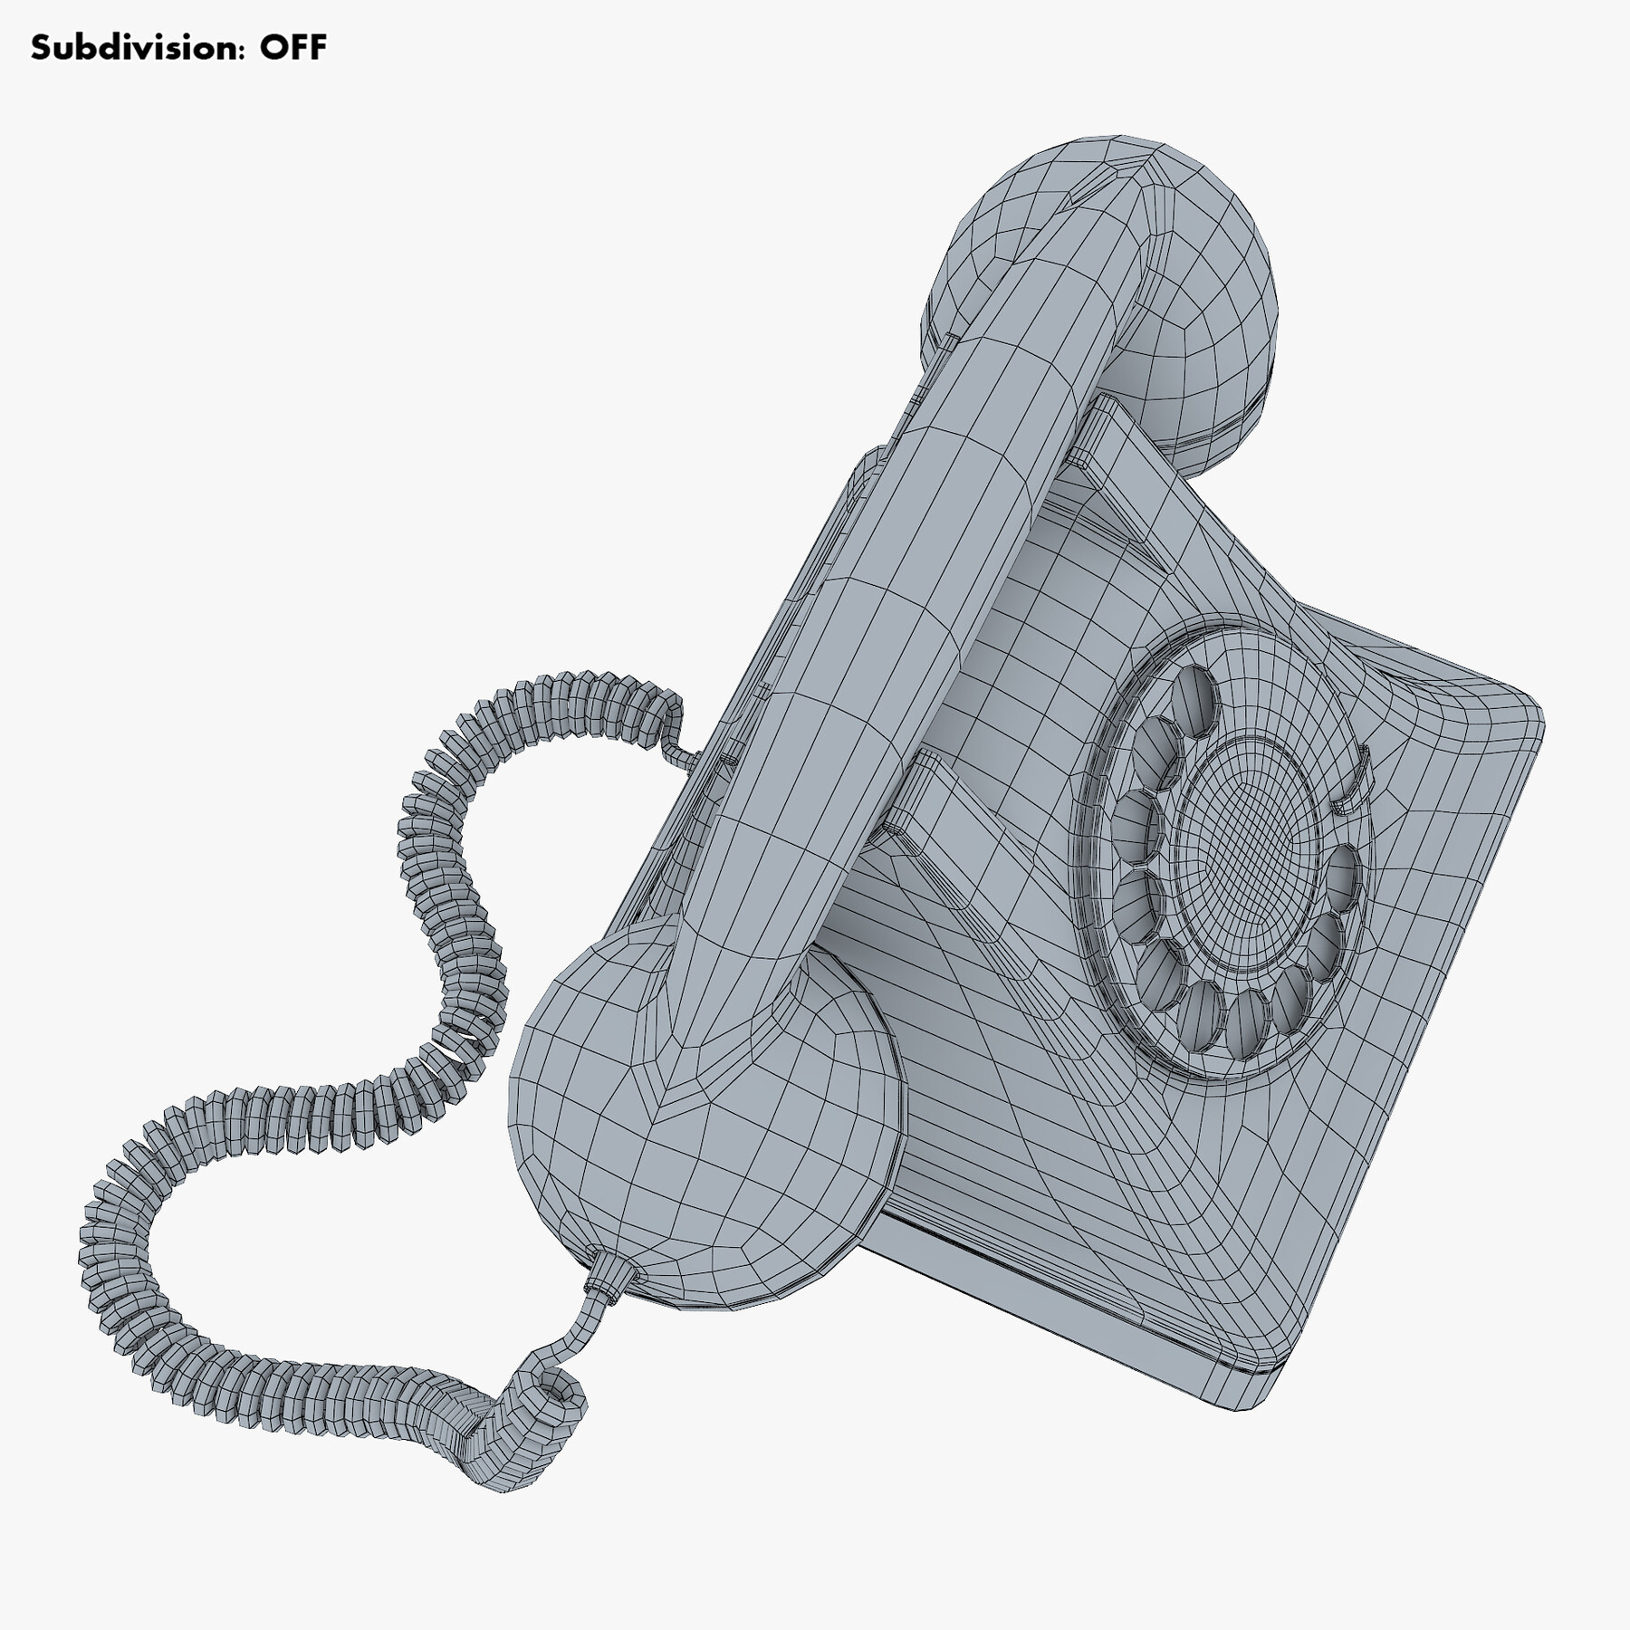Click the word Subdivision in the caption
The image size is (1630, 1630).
136,47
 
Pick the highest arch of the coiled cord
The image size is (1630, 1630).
580,688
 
